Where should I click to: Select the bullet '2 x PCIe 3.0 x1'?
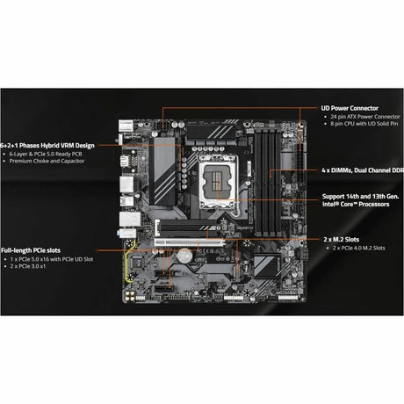(30, 268)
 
